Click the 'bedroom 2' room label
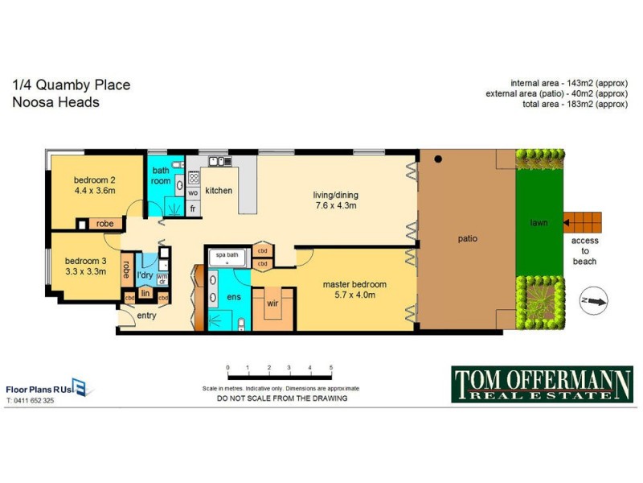point(94,180)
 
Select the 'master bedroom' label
point(354,284)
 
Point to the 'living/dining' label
point(335,194)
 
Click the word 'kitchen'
point(219,191)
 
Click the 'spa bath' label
point(227,254)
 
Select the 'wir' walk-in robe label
point(272,304)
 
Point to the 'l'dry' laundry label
point(145,275)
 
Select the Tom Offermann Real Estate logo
point(542,384)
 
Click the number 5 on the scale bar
point(330,367)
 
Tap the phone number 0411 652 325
point(31,400)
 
